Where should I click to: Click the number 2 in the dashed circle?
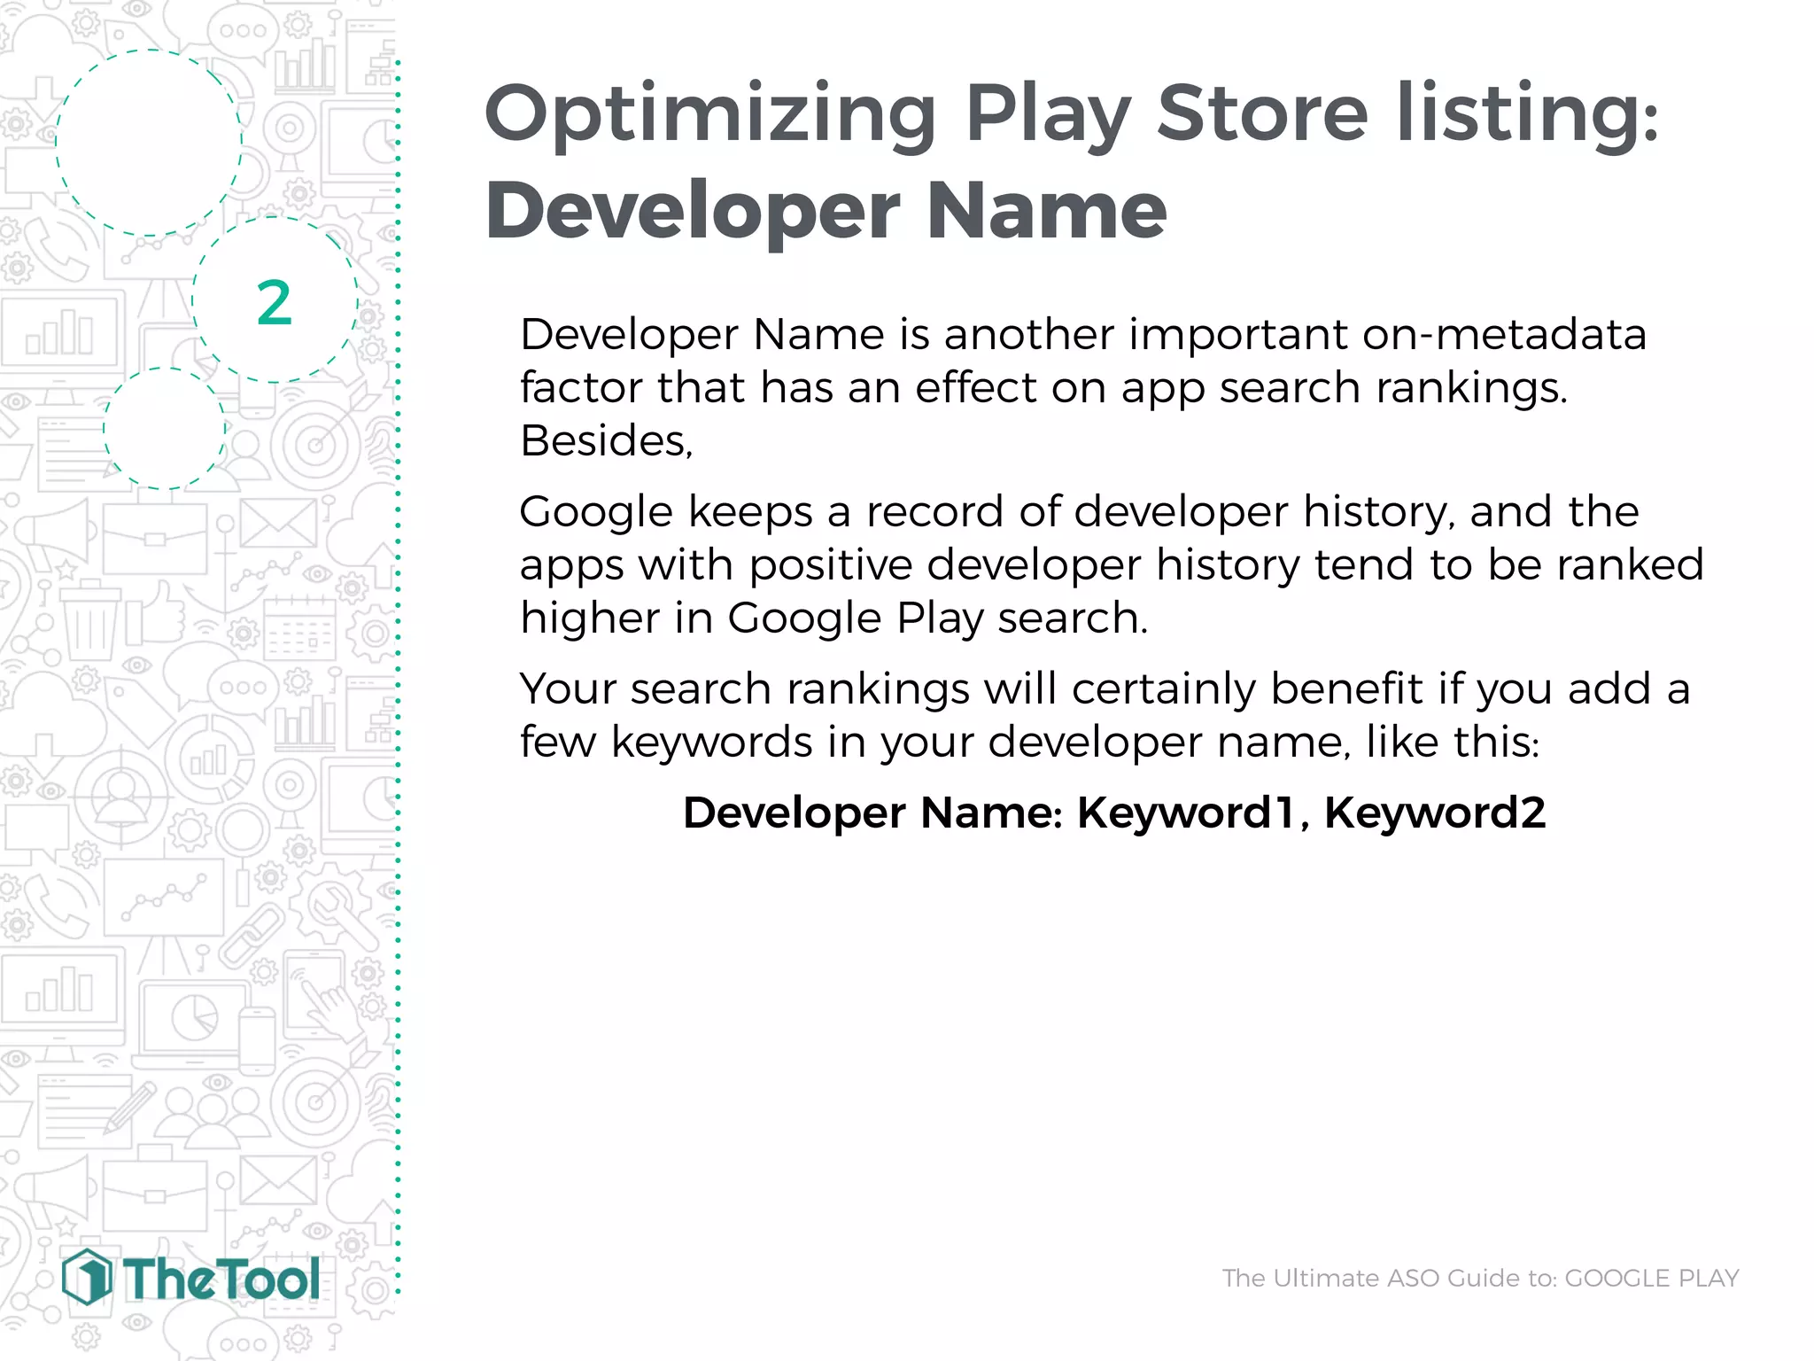pyautogui.click(x=274, y=303)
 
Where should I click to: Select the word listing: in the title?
pyautogui.click(x=1527, y=115)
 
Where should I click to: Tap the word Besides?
pyautogui.click(x=606, y=440)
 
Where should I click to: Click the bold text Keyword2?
pyautogui.click(x=1435, y=813)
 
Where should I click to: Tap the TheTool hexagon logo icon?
pyautogui.click(x=87, y=1277)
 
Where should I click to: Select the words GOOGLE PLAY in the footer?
pyautogui.click(x=1652, y=1278)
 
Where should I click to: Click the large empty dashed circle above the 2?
pyautogui.click(x=149, y=143)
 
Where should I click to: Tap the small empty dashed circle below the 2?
pyautogui.click(x=164, y=428)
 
